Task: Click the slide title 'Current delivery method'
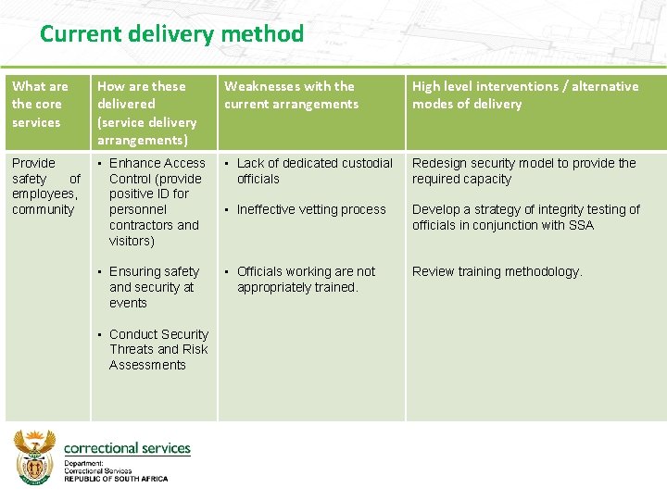[171, 35]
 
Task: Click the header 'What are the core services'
[40, 104]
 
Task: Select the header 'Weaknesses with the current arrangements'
[290, 94]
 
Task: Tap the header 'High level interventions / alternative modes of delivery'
[524, 94]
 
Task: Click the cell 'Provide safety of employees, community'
[45, 186]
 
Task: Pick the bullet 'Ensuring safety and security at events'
[154, 287]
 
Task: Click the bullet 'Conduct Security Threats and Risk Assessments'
[158, 349]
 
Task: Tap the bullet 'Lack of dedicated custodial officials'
[314, 170]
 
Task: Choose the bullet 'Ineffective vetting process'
[311, 209]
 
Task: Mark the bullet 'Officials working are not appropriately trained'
[306, 280]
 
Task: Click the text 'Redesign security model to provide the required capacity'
[523, 170]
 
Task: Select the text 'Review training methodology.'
[497, 271]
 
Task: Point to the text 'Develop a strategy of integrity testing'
[525, 209]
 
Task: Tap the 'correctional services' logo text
[127, 448]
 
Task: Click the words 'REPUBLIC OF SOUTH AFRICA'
[116, 479]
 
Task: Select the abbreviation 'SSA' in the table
[582, 225]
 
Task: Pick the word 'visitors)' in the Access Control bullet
[132, 241]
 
